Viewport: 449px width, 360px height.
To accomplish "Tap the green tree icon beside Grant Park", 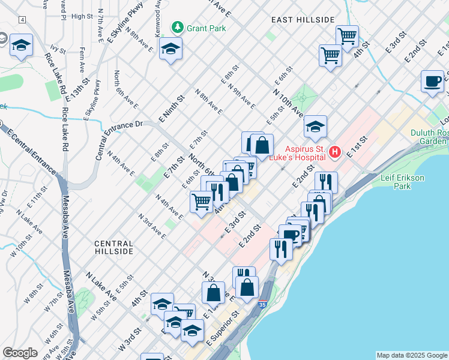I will coord(177,27).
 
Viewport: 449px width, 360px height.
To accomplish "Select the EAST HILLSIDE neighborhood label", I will coord(303,20).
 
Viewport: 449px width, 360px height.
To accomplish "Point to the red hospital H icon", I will coord(335,153).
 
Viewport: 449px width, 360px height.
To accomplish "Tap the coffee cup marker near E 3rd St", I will coord(432,82).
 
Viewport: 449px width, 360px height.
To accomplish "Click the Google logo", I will coord(20,353).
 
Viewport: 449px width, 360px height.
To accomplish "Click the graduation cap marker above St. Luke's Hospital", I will coord(315,127).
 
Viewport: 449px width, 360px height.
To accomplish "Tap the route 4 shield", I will coord(22,20).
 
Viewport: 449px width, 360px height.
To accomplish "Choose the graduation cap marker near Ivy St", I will coord(22,46).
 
